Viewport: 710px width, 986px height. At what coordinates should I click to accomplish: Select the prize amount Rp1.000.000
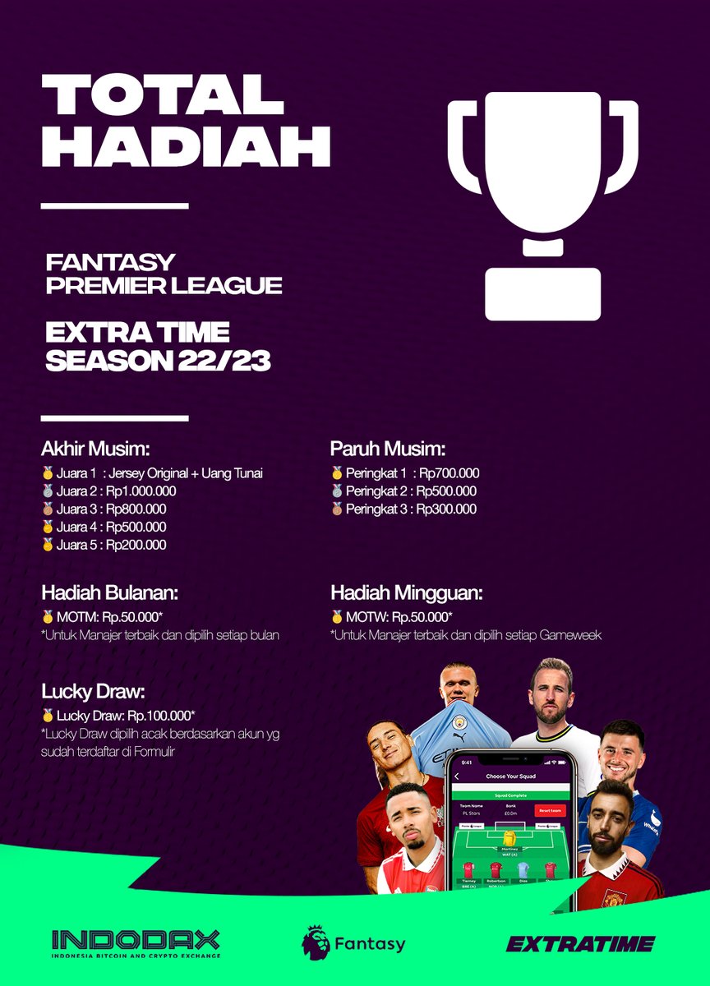[x=142, y=491]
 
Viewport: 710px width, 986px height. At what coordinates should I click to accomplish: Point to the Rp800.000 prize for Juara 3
[x=136, y=509]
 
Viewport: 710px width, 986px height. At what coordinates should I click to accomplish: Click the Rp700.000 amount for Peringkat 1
[x=449, y=473]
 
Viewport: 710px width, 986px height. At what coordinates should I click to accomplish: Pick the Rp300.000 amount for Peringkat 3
[x=446, y=509]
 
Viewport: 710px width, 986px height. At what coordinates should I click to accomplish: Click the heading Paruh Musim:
[x=388, y=449]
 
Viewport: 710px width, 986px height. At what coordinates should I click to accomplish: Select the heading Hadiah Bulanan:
[x=109, y=593]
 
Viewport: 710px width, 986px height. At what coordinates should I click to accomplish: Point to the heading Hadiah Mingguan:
[x=406, y=593]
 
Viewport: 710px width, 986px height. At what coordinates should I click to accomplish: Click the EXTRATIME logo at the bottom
[x=580, y=943]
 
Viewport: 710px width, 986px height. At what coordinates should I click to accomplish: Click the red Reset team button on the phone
[x=550, y=811]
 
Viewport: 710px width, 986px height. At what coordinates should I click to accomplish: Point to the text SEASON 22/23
[x=158, y=362]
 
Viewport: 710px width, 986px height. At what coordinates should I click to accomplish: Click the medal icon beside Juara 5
[x=47, y=546]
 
